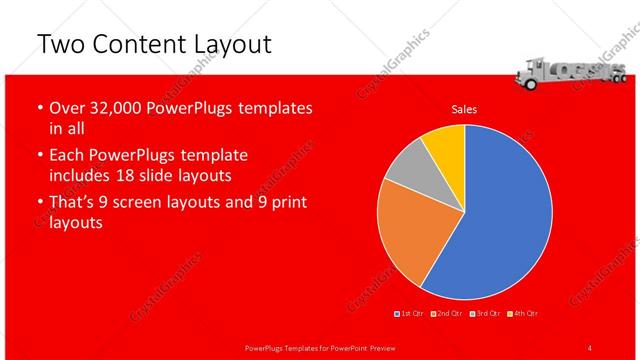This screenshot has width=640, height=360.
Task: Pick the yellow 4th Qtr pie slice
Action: (x=443, y=144)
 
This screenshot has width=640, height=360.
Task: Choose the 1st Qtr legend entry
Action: (x=410, y=315)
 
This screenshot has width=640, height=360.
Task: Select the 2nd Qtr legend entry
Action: (x=447, y=315)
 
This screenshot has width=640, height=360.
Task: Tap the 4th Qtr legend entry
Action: (x=521, y=315)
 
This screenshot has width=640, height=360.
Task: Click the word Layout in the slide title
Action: (x=225, y=44)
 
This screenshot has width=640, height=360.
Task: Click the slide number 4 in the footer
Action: (x=590, y=347)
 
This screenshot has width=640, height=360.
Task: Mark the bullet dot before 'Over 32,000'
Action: (x=38, y=108)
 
